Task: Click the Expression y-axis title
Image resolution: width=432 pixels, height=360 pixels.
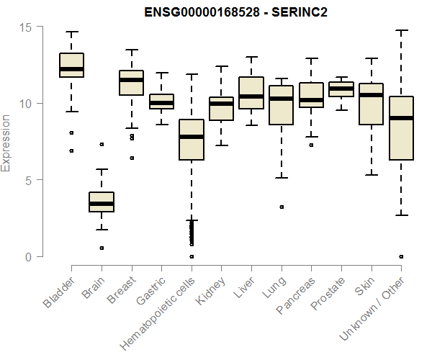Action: click(6, 143)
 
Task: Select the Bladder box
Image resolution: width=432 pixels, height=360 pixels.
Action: click(71, 65)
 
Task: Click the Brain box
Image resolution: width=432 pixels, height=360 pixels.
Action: click(102, 202)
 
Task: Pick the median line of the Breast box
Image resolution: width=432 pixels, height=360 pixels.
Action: click(131, 80)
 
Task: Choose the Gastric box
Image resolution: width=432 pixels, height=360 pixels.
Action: click(161, 102)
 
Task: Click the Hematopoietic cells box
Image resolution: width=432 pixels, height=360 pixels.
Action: click(192, 140)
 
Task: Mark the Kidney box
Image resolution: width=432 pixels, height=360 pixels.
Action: click(221, 108)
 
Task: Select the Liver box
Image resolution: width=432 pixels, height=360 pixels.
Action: click(251, 93)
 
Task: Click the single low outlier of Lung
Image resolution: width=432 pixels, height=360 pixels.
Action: click(282, 207)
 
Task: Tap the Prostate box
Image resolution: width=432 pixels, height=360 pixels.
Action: click(341, 89)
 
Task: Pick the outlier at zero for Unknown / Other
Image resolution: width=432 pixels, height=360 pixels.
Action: click(401, 256)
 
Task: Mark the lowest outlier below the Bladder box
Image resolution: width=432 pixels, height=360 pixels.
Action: click(71, 150)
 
